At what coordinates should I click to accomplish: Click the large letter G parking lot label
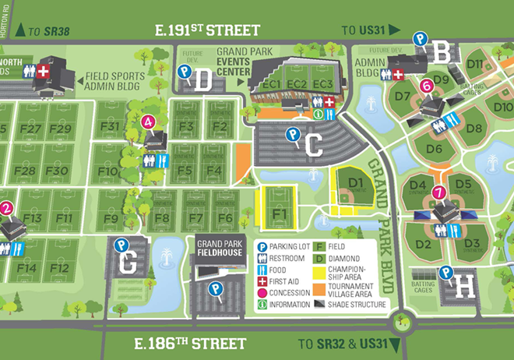[129, 263]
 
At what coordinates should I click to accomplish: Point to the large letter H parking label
[464, 286]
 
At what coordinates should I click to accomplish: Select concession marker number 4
[148, 121]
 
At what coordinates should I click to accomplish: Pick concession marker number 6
[426, 86]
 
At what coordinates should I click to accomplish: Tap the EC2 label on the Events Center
[297, 84]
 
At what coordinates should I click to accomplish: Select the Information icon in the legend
[263, 305]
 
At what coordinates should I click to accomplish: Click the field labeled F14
[27, 268]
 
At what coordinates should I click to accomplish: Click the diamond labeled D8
[474, 127]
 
